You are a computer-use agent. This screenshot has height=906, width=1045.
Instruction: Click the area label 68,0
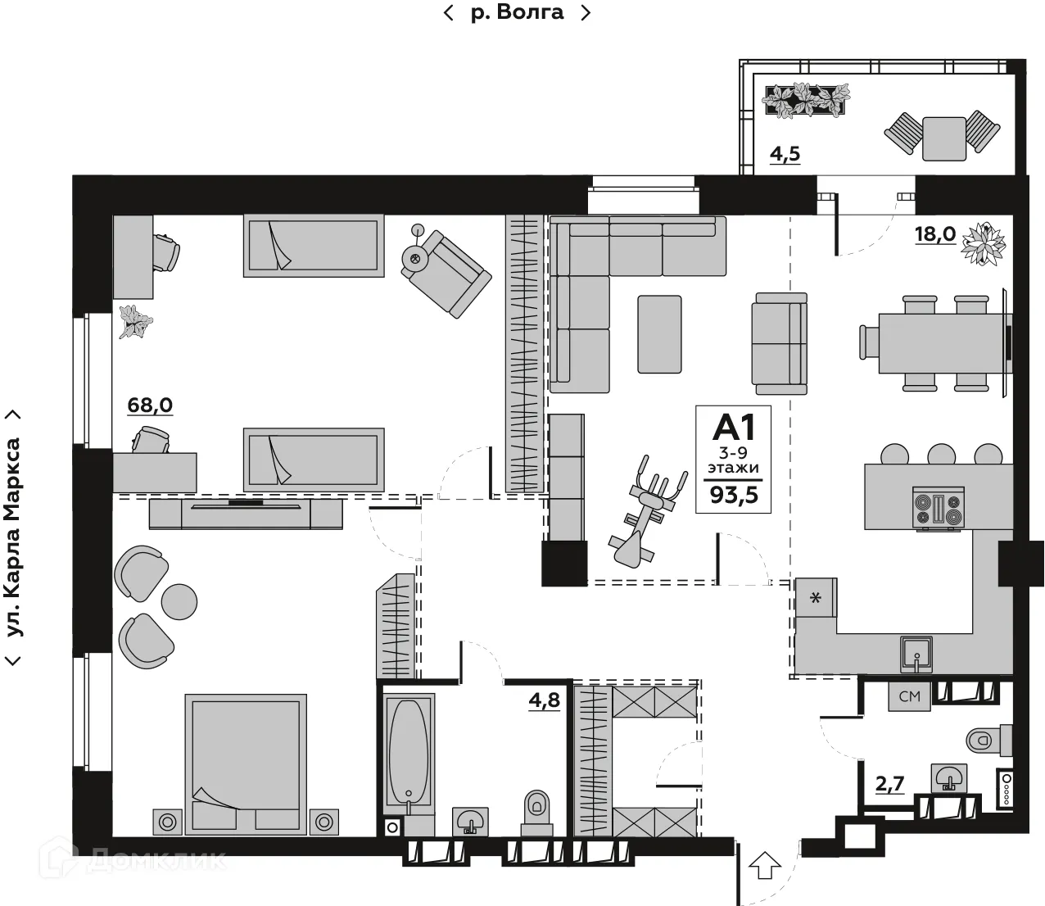click(x=150, y=405)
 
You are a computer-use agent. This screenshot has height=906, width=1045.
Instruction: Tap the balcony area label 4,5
click(x=785, y=154)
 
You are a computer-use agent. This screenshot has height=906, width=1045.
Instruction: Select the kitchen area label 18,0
click(x=934, y=234)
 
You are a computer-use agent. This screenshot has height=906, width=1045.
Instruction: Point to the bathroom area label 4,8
click(x=544, y=700)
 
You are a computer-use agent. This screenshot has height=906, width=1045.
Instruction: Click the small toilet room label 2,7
click(x=889, y=784)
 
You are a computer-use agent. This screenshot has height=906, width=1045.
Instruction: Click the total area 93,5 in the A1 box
click(x=734, y=494)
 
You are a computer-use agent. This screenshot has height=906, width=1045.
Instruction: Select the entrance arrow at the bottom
click(x=765, y=864)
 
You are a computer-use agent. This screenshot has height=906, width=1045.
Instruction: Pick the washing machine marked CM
click(x=909, y=696)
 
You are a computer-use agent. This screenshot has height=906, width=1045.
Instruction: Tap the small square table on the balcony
click(x=943, y=138)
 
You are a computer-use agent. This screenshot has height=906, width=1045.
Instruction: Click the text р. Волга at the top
click(x=517, y=12)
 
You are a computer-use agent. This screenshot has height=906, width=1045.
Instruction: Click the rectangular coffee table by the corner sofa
click(x=659, y=334)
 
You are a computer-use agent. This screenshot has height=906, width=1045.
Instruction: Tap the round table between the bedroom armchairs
click(x=179, y=601)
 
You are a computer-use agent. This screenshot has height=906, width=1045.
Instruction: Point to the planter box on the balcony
click(x=805, y=101)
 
